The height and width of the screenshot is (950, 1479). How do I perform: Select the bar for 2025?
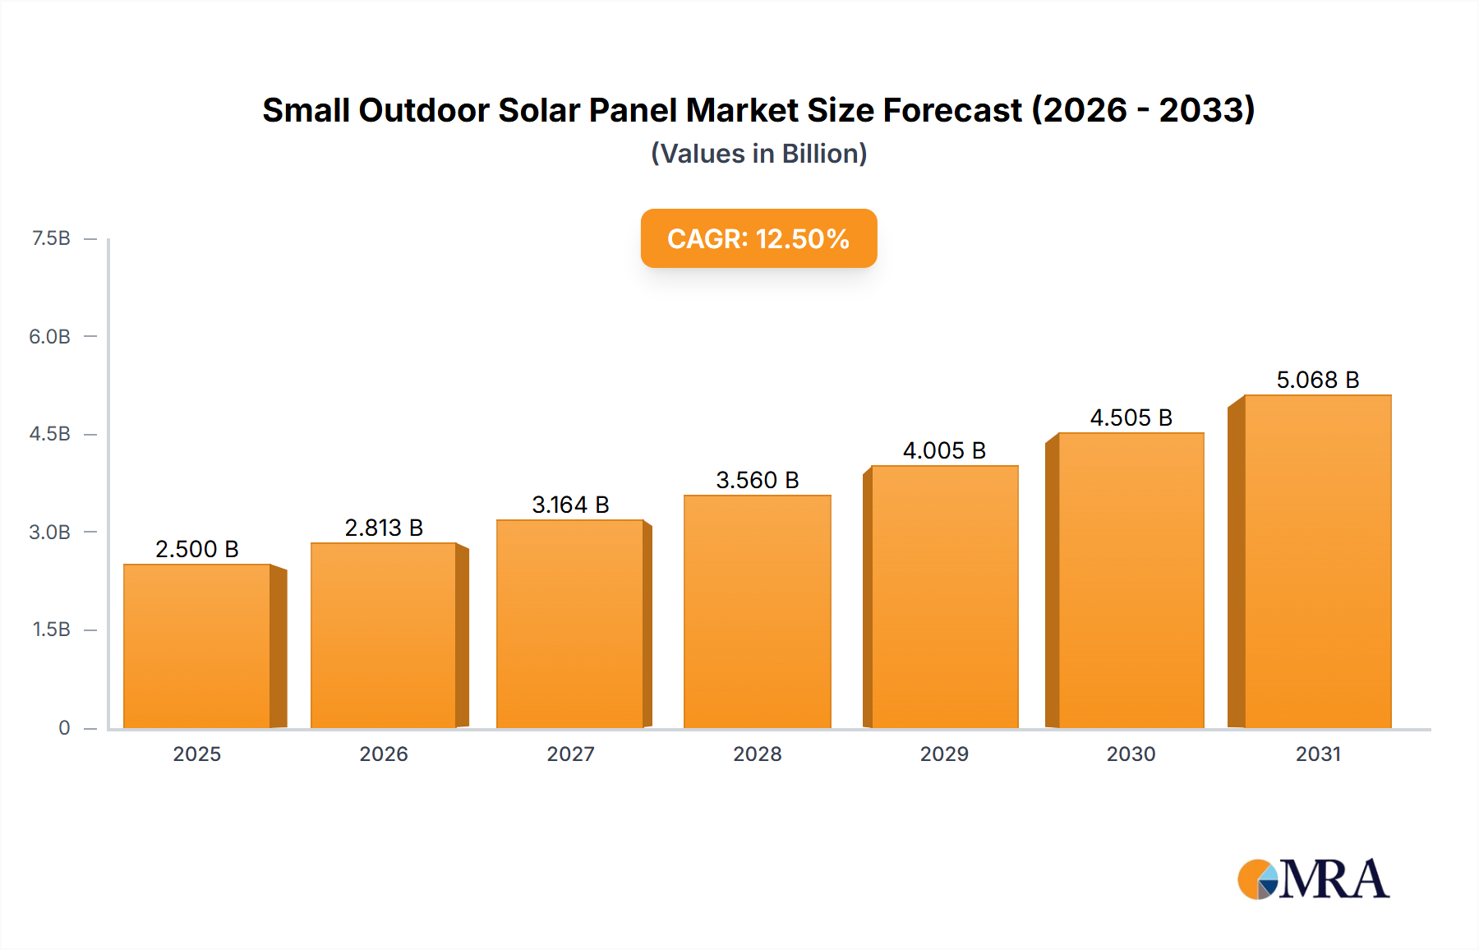pyautogui.click(x=197, y=646)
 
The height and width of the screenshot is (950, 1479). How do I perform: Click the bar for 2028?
pyautogui.click(x=757, y=611)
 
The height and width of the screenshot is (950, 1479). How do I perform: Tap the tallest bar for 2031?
pyautogui.click(x=1317, y=561)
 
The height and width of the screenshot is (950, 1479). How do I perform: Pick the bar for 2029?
pyautogui.click(x=944, y=597)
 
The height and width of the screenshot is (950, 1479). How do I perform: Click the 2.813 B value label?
pyautogui.click(x=384, y=528)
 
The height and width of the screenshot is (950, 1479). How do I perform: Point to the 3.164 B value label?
pyautogui.click(x=570, y=505)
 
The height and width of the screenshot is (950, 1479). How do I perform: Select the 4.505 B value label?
pyautogui.click(x=1131, y=417)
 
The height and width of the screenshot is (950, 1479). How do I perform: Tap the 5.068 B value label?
pyautogui.click(x=1317, y=380)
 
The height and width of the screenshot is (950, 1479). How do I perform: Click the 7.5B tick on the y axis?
pyautogui.click(x=51, y=238)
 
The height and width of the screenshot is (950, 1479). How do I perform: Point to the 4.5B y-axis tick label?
pyautogui.click(x=50, y=434)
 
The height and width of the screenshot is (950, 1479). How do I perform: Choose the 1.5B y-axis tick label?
pyautogui.click(x=51, y=629)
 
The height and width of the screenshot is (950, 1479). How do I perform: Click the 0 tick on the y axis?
pyautogui.click(x=64, y=727)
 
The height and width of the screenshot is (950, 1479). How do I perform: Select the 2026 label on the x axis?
pyautogui.click(x=384, y=754)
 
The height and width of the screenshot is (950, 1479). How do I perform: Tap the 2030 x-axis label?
pyautogui.click(x=1131, y=754)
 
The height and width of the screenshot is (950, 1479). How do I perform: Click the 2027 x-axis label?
pyautogui.click(x=570, y=754)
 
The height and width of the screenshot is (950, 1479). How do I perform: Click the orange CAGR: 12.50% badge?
pyautogui.click(x=758, y=238)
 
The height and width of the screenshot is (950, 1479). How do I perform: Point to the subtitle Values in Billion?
pyautogui.click(x=758, y=154)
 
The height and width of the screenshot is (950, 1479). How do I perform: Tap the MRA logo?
pyautogui.click(x=1313, y=879)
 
